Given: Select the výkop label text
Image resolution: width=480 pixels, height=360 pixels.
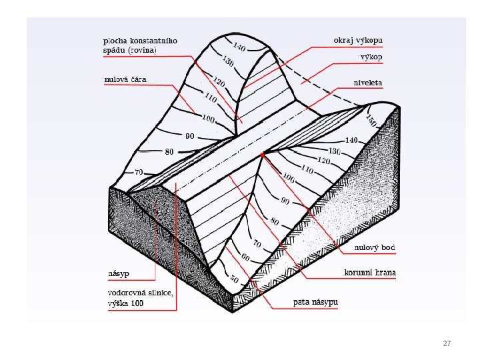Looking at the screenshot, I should pos(371,57).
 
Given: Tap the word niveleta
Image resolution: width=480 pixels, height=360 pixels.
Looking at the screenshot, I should pos(368,83).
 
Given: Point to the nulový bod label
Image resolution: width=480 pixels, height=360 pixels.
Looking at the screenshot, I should pos(375,248).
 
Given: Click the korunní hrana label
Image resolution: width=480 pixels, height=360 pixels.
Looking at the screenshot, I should pos(370,273).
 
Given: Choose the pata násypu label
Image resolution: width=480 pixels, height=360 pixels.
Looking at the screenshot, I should pos(316,303).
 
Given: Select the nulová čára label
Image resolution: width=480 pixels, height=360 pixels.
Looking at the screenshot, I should pos(125,80).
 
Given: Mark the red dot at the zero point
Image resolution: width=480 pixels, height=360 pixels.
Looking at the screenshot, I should pos(263,155).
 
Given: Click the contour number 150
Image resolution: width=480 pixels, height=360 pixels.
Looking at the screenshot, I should pos(371,121).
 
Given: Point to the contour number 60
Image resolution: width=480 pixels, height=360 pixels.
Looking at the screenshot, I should pos(245,257).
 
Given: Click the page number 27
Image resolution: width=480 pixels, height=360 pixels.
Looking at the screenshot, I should pos(447,344).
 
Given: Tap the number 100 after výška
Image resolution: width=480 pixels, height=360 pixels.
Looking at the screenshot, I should pos(137,303).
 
